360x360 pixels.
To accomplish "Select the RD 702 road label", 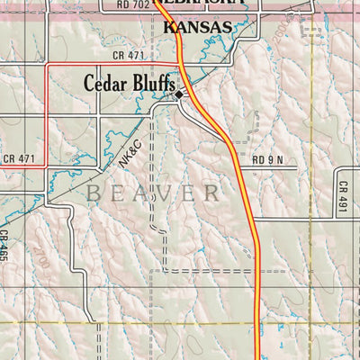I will pos(133,4).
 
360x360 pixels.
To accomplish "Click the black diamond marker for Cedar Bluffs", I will pos(179,94).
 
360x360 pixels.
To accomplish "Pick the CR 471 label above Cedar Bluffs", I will pos(130,56).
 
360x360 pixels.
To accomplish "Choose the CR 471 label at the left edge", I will pos(18,159).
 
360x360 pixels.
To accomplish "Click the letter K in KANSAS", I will pos(172,28).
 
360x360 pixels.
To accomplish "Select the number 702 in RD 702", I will pos(139,4).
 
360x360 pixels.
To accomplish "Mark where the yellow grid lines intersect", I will pos(312,321).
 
